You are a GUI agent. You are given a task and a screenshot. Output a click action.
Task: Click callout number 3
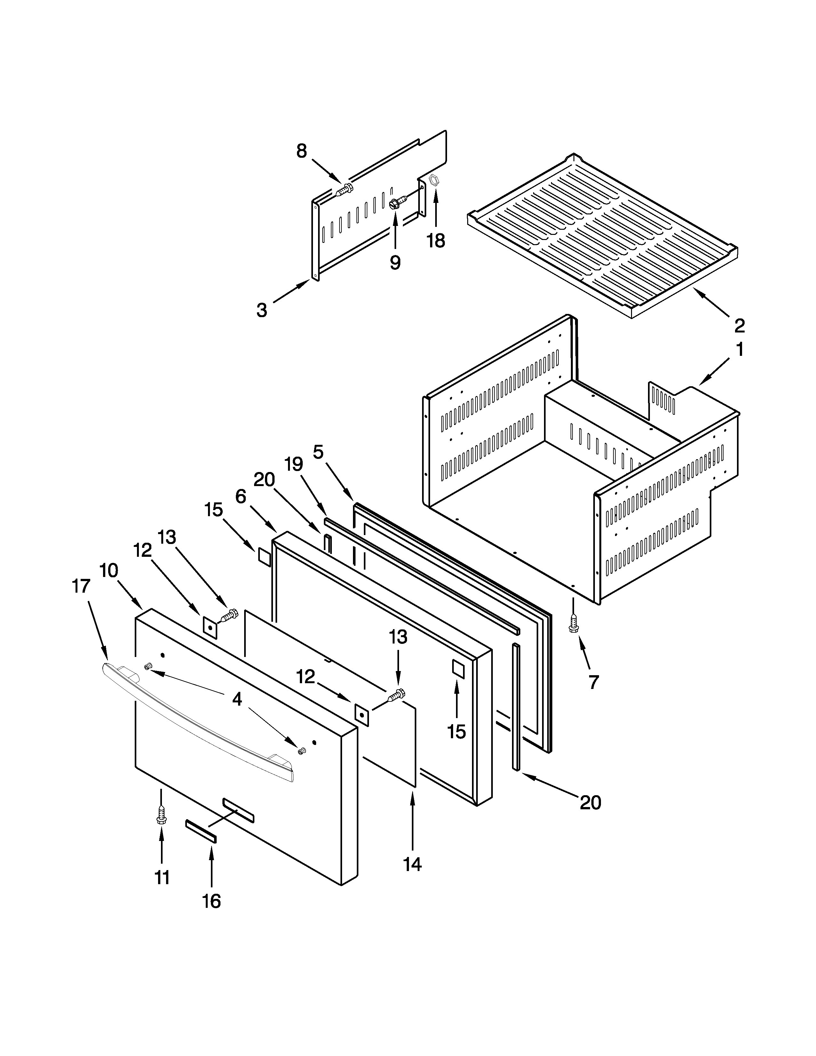click(x=261, y=310)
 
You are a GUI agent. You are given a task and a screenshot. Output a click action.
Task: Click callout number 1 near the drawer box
click(x=740, y=349)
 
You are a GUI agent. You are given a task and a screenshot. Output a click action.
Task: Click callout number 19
click(x=293, y=464)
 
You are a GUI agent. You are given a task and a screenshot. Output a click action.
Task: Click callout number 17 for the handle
click(x=81, y=586)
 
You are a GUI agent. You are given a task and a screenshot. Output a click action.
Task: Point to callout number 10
click(x=109, y=571)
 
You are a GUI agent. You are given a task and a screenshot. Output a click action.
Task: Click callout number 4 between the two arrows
click(x=237, y=699)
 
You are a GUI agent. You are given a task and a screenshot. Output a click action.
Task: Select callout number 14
click(x=412, y=864)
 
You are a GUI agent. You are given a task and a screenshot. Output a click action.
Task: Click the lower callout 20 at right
click(x=590, y=802)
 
